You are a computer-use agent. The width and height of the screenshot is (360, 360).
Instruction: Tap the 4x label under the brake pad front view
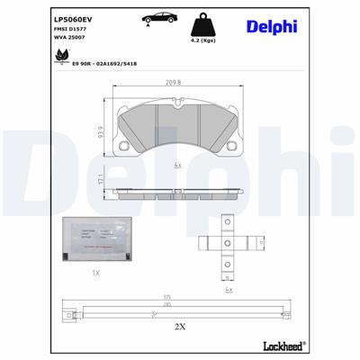point(179,166)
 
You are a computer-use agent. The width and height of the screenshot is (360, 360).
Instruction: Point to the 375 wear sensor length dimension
point(166,298)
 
